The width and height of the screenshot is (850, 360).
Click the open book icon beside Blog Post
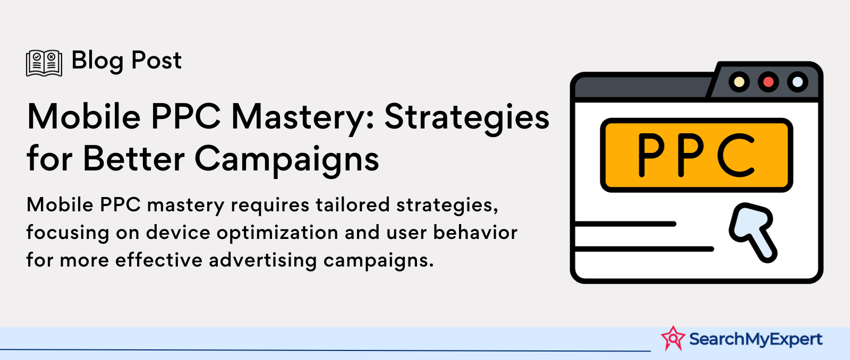coord(44,63)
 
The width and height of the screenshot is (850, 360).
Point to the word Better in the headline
coord(133,158)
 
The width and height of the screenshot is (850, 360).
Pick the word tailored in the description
coord(353,205)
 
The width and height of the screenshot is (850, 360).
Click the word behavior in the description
coord(475,232)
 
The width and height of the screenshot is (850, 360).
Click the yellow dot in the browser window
coord(739,82)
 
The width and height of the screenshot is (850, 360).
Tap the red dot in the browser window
coord(768,82)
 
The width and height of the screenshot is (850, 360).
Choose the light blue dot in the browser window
coord(797,82)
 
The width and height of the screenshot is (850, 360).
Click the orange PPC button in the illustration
coord(696,155)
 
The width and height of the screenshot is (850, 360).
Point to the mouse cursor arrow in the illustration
coord(752,232)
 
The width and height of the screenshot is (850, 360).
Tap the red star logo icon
coord(673,338)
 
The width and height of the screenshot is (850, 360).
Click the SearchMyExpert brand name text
coord(755,339)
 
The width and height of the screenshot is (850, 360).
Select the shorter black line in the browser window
coord(625,224)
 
